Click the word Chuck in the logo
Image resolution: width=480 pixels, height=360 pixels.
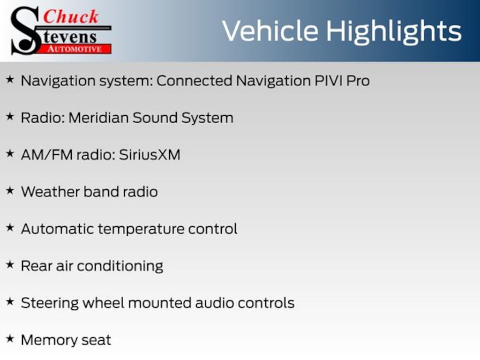coord(71,17)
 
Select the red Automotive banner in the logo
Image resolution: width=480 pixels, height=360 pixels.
coord(77,49)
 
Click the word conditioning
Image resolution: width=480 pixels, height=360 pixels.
coord(120,266)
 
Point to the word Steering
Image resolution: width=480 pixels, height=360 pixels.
coord(50,303)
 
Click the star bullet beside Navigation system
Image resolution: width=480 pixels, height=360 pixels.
coord(9,80)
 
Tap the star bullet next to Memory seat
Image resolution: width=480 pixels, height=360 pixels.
coord(9,339)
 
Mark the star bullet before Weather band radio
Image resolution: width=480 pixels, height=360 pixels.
coord(9,191)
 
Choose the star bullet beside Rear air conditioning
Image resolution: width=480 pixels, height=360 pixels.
coord(9,265)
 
